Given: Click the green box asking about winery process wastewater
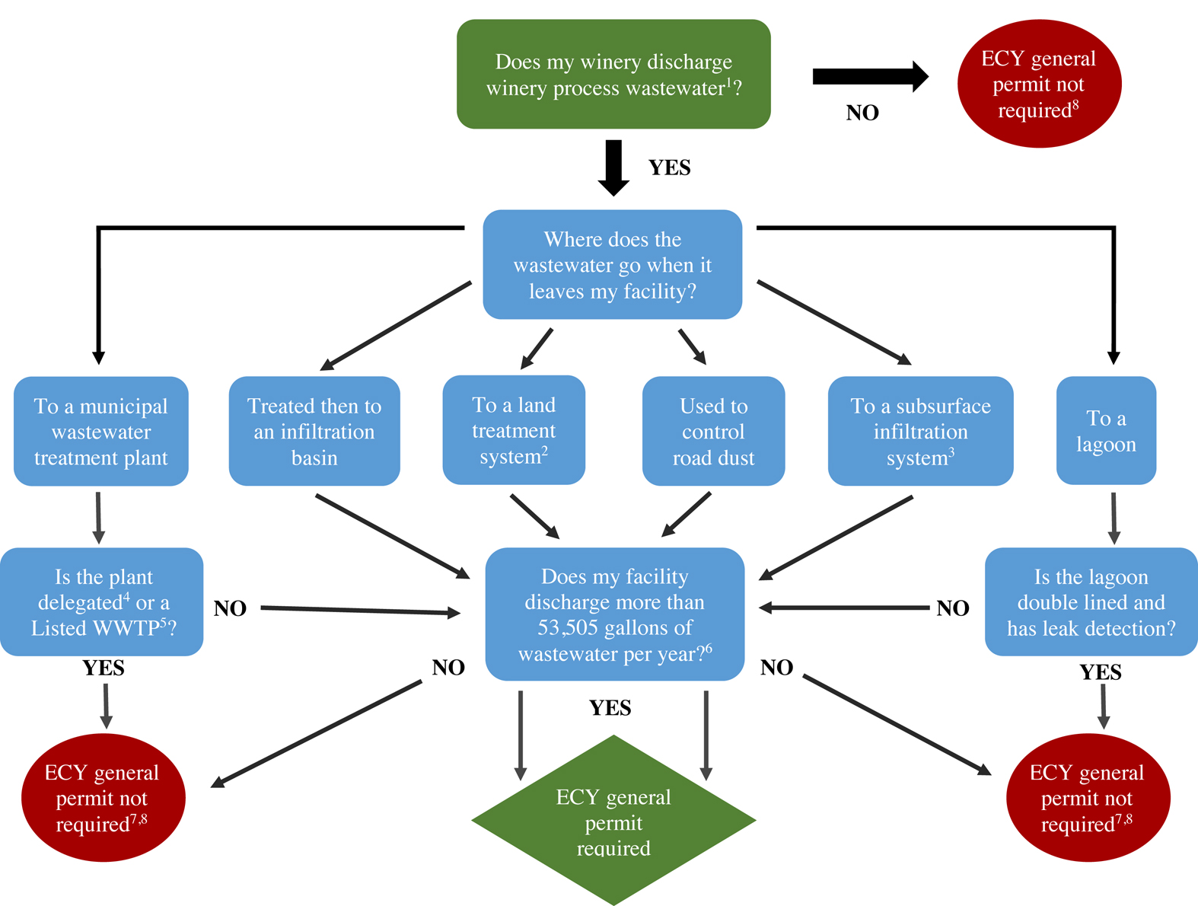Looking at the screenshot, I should click(613, 74).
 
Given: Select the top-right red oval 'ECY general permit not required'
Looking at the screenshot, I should click(1039, 84).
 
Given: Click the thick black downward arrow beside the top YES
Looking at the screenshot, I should click(613, 166).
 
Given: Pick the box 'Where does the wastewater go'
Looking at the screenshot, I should click(613, 264).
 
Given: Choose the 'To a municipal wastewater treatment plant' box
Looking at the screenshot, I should click(101, 431).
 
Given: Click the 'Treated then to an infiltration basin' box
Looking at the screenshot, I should click(314, 431).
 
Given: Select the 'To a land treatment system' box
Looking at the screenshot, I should click(514, 430).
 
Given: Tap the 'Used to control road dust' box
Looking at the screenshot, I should click(713, 431).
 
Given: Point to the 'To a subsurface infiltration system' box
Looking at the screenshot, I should click(920, 431).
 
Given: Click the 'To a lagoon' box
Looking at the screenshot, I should click(1106, 431).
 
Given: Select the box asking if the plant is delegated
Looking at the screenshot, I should click(102, 601).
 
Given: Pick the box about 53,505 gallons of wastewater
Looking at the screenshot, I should click(614, 614).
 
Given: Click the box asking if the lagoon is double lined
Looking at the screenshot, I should click(1091, 601).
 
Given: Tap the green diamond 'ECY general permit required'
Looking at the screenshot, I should click(613, 821).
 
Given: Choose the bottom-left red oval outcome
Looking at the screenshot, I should click(103, 798).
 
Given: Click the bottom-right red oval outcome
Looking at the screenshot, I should click(1088, 798).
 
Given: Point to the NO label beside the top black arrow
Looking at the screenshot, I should click(862, 113).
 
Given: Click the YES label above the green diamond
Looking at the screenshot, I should click(610, 708).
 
